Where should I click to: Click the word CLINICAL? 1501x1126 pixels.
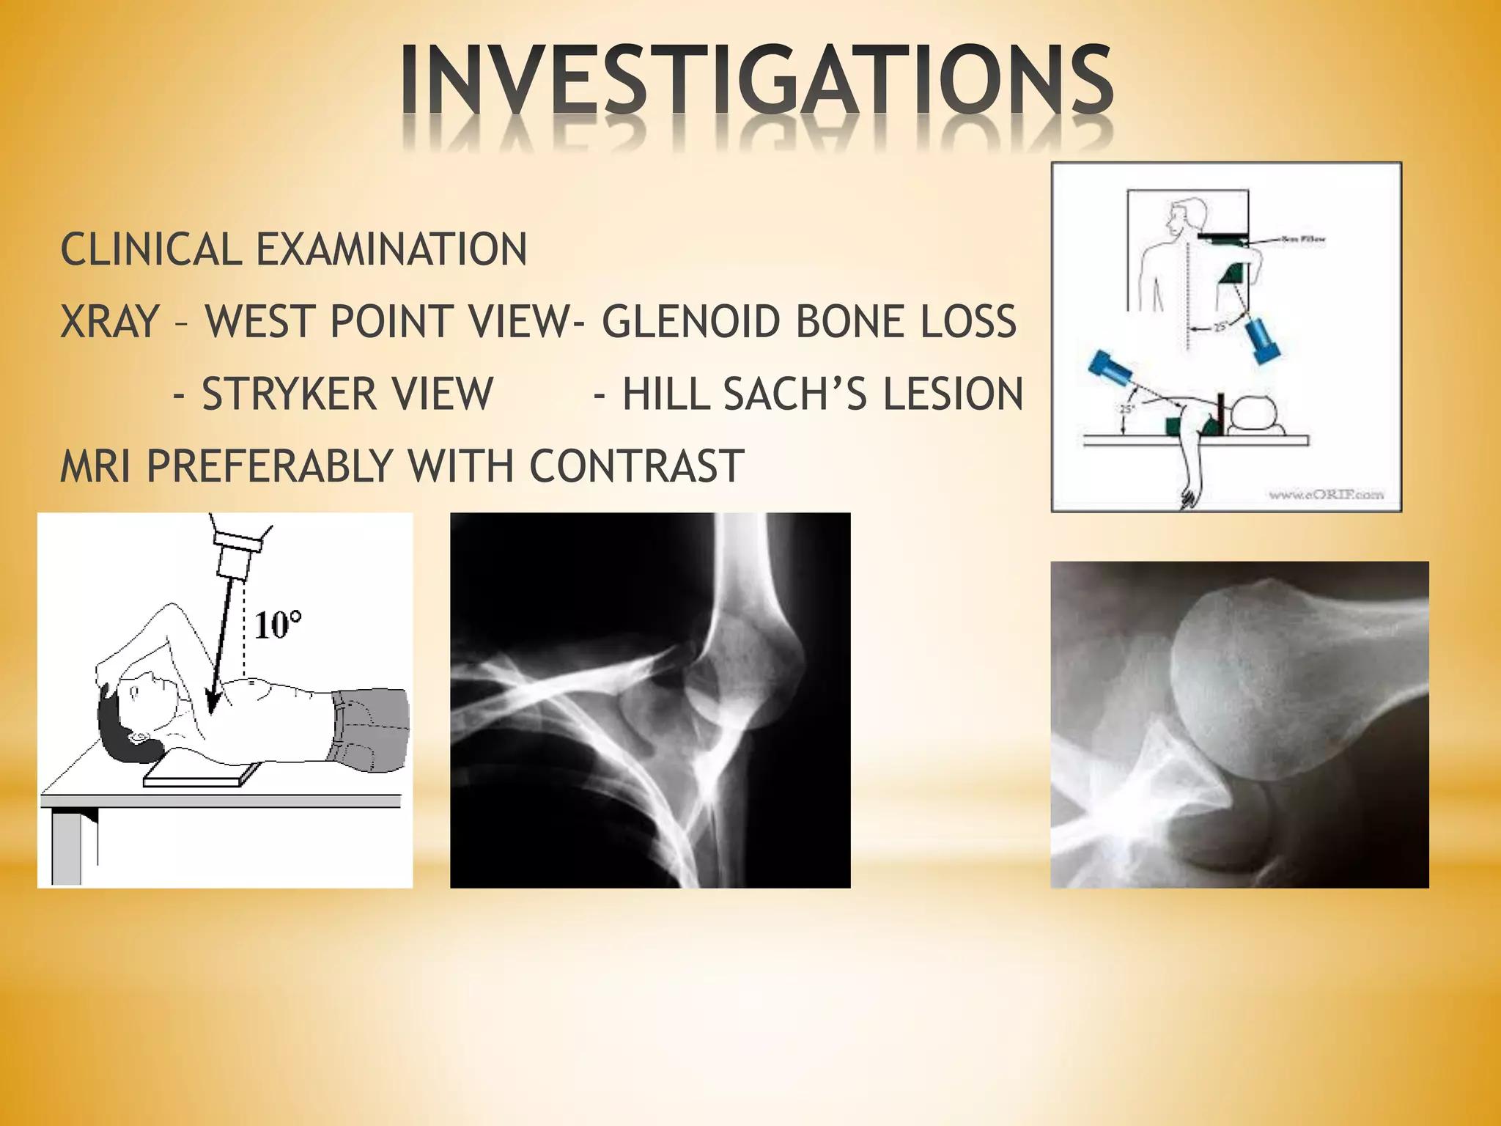(x=151, y=249)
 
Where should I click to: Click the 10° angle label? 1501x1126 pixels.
(x=278, y=625)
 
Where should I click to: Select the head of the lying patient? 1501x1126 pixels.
(x=136, y=715)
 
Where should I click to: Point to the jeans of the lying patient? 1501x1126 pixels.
(x=370, y=729)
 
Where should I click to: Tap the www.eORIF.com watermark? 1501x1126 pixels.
(x=1326, y=495)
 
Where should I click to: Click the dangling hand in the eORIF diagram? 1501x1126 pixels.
(x=1188, y=496)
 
